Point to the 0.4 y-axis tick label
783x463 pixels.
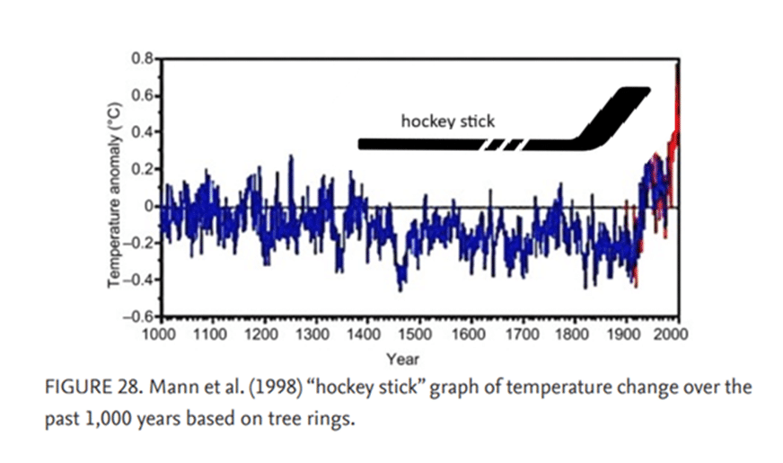coord(143,132)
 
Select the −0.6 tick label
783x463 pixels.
coord(139,317)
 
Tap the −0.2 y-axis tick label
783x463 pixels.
coord(139,244)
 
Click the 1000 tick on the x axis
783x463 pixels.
coord(159,334)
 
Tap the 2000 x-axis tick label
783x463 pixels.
coord(672,334)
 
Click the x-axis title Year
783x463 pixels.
coord(402,359)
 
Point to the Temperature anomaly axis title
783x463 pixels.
coord(114,195)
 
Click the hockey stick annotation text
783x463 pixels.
coord(448,121)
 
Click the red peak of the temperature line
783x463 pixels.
coord(677,65)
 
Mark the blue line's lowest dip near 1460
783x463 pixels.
coord(400,289)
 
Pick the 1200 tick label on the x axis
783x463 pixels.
coord(261,334)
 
